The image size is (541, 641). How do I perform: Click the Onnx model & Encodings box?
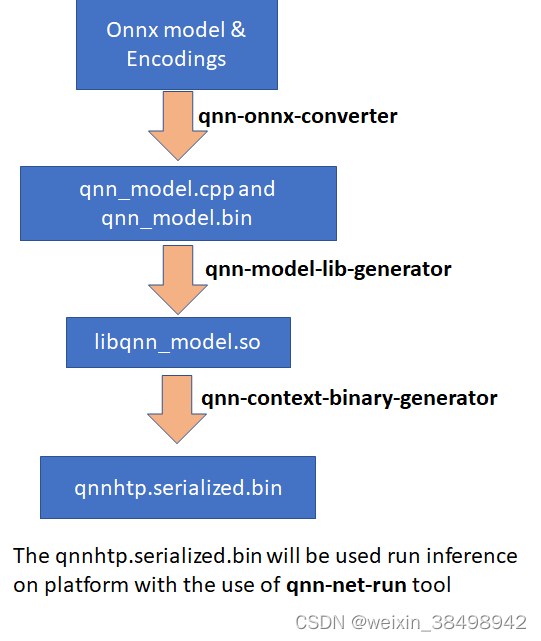(176, 44)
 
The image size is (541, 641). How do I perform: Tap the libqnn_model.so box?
(178, 342)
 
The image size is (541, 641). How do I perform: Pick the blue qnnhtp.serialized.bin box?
(178, 488)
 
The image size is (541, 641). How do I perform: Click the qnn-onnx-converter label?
(297, 116)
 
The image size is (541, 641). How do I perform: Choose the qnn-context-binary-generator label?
(349, 398)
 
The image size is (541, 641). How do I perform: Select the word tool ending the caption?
(432, 582)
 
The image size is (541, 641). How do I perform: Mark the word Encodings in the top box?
(176, 59)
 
